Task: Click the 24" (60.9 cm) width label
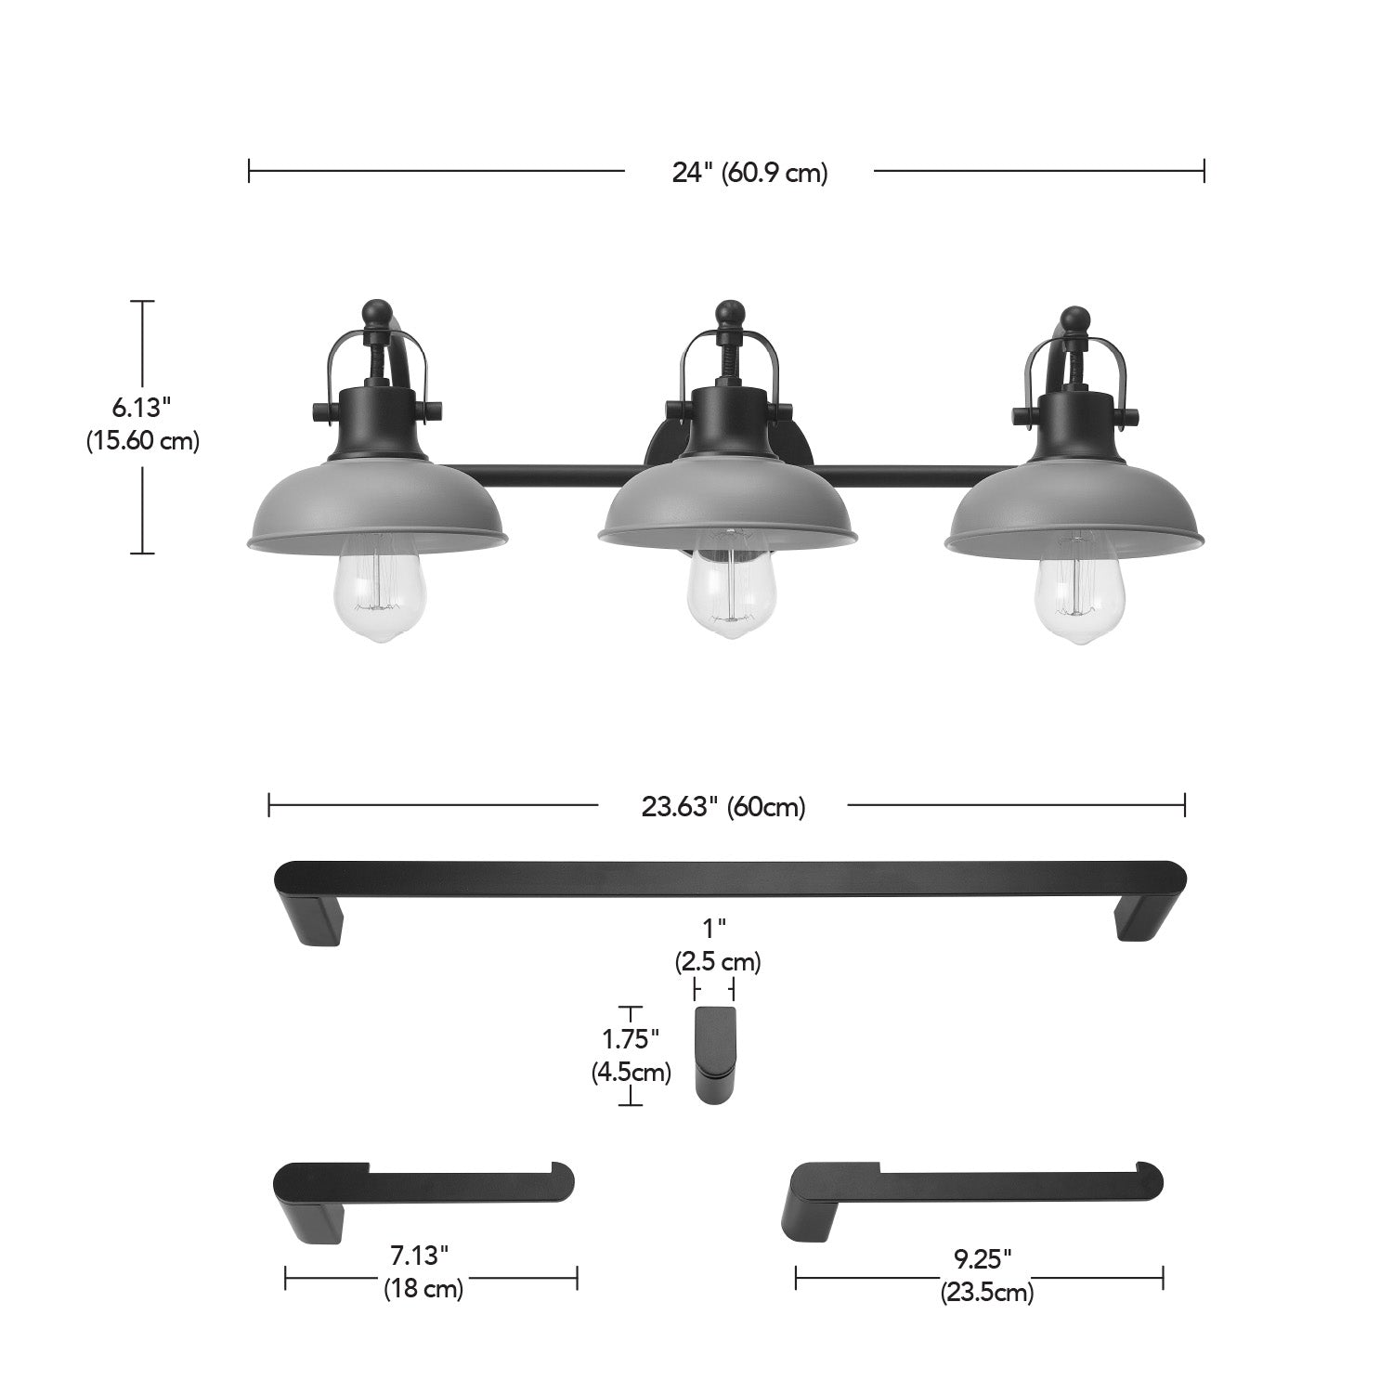(x=749, y=172)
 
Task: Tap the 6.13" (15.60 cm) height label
(x=143, y=423)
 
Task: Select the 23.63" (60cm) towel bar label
(x=723, y=807)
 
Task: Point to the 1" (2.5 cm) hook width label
(x=718, y=945)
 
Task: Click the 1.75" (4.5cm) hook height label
(x=631, y=1056)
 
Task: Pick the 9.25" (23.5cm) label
(x=986, y=1276)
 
